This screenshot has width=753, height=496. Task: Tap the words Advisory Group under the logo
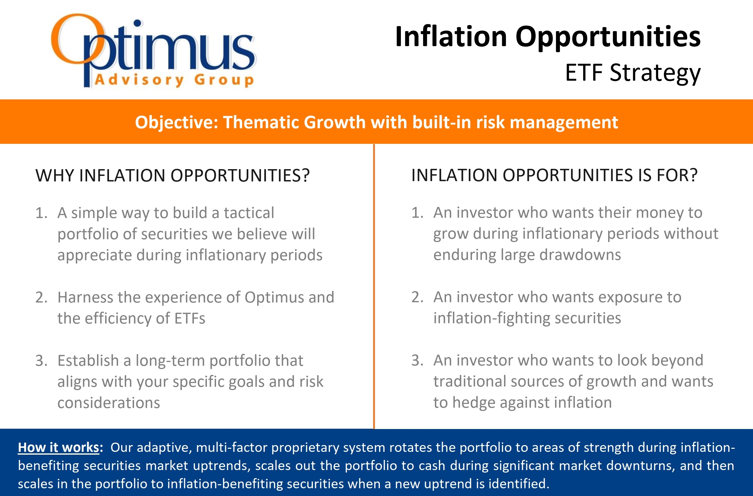click(174, 79)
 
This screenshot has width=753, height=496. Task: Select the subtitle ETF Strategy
click(633, 73)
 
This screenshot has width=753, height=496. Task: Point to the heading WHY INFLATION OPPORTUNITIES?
click(173, 176)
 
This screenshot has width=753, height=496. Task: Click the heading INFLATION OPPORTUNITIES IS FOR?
click(554, 175)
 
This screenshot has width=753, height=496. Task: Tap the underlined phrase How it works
click(59, 448)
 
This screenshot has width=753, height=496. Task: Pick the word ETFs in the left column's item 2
click(190, 318)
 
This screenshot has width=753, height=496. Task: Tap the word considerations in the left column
click(109, 403)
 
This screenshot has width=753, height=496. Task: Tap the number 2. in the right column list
click(417, 297)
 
